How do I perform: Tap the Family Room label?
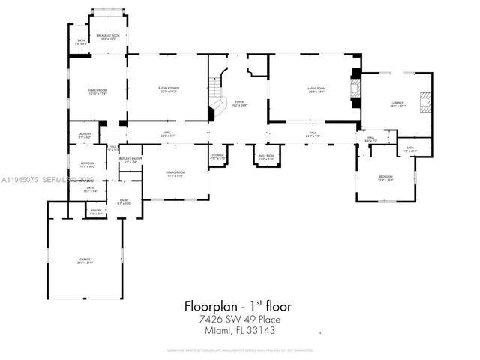(99, 91)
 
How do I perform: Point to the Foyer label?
(238, 103)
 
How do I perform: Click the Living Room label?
(316, 90)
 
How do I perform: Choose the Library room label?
(397, 104)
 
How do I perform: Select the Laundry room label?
(84, 136)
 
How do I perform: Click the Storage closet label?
(217, 157)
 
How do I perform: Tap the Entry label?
(124, 202)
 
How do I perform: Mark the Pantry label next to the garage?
(96, 212)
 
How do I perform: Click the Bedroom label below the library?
(385, 178)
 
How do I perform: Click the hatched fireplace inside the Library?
(425, 100)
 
